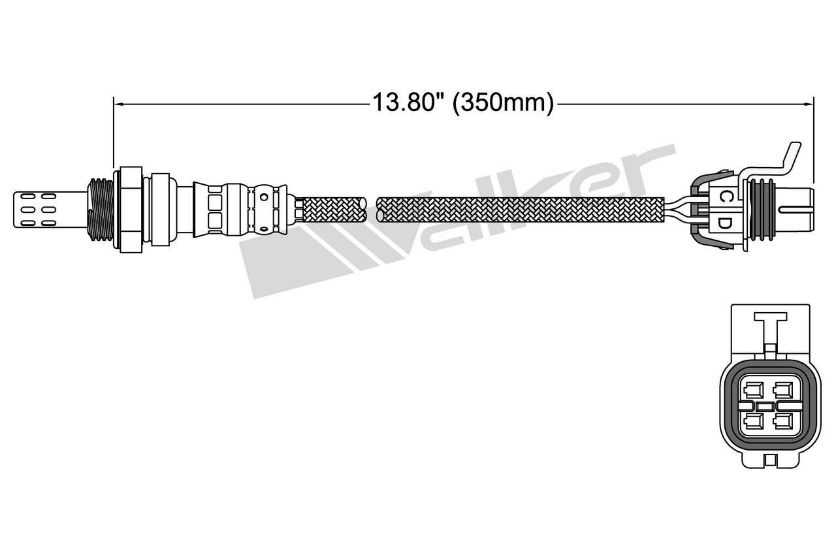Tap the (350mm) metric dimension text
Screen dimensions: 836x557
click(x=503, y=103)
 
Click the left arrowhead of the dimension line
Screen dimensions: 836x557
click(x=119, y=104)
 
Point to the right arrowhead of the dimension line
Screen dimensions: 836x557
click(x=809, y=104)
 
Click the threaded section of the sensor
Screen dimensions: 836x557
click(x=101, y=210)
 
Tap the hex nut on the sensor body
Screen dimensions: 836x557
click(x=131, y=210)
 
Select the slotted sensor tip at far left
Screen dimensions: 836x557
click(x=50, y=210)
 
